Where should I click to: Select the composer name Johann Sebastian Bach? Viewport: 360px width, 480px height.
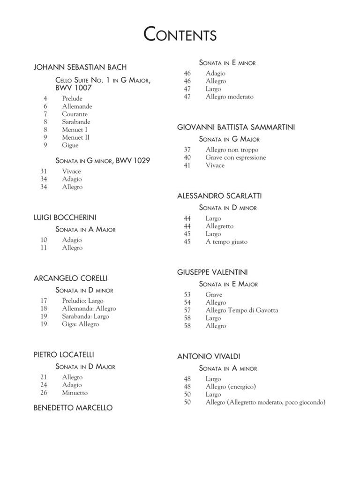click(x=80, y=67)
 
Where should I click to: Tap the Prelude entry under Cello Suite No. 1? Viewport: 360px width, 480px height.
click(x=72, y=98)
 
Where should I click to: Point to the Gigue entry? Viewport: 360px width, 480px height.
click(x=70, y=145)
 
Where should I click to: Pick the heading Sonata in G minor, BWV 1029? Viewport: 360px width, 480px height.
click(x=103, y=161)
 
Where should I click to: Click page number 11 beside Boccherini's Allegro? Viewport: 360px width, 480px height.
click(x=44, y=248)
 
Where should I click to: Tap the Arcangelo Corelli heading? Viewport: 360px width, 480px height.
click(x=71, y=278)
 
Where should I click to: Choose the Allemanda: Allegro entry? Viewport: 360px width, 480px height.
click(x=89, y=309)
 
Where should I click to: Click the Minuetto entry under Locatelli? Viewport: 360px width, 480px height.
click(x=75, y=393)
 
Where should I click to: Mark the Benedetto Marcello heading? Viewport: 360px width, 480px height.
click(x=73, y=408)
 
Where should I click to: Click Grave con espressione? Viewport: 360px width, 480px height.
click(x=235, y=157)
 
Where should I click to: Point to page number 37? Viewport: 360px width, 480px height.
click(x=187, y=150)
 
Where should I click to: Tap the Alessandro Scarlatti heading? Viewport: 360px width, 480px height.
click(x=219, y=195)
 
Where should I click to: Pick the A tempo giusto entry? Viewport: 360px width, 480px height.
click(x=226, y=242)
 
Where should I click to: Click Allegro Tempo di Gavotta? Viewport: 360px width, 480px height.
click(x=241, y=310)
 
